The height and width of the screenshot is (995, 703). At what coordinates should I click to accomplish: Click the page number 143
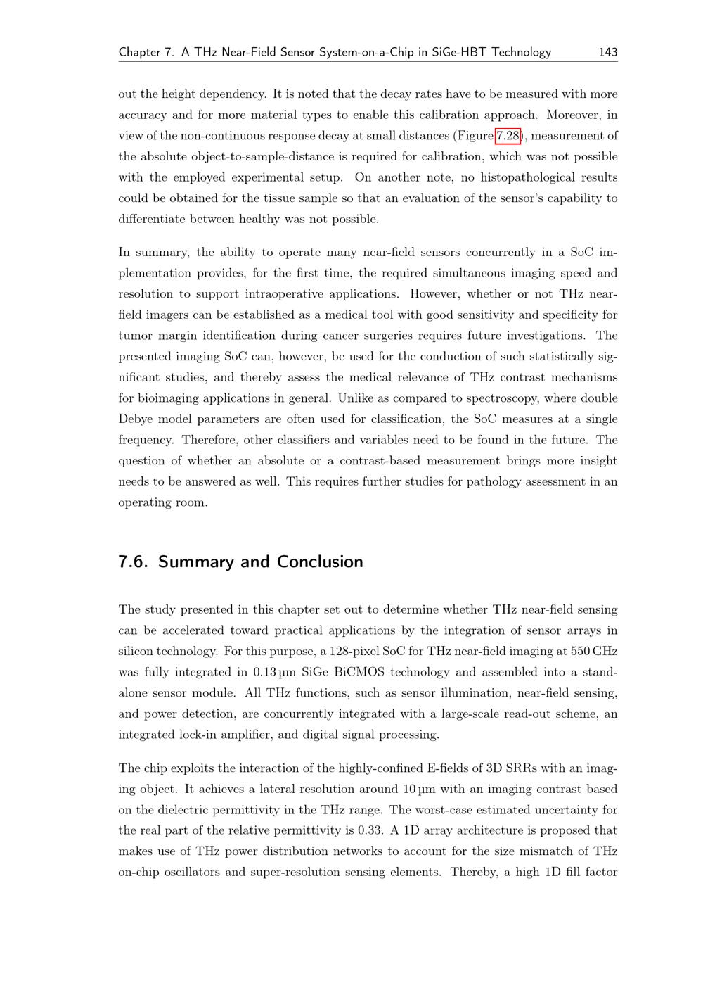(x=608, y=52)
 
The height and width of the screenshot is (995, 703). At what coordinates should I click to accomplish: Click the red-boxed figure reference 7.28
(x=508, y=136)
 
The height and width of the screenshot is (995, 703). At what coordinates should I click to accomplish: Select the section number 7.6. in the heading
(x=134, y=562)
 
